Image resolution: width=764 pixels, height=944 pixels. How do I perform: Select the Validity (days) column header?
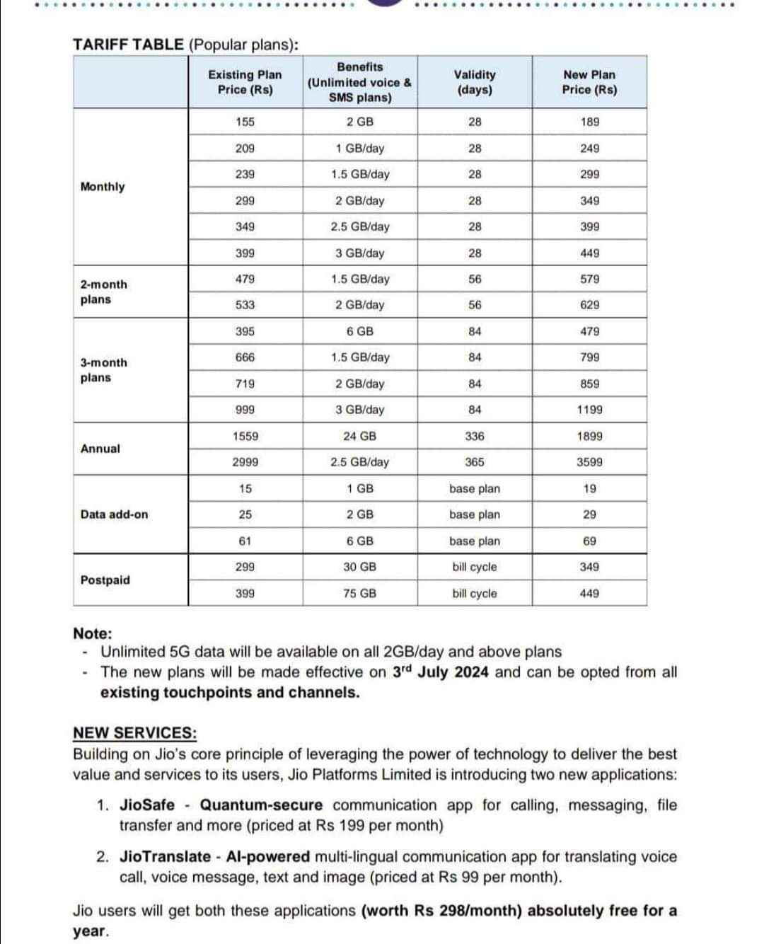pos(475,82)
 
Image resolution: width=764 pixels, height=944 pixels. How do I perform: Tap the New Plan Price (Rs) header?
pos(589,82)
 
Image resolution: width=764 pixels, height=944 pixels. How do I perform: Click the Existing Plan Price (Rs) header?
pos(245,82)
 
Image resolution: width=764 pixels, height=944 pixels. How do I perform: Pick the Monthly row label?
pos(103,187)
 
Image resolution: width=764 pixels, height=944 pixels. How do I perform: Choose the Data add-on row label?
pos(115,514)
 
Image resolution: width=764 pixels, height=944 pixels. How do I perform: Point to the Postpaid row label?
pos(105,580)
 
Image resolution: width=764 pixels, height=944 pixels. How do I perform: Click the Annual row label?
pos(100,449)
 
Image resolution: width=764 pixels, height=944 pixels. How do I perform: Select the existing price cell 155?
pos(245,122)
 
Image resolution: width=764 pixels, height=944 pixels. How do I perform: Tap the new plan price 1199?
pos(589,410)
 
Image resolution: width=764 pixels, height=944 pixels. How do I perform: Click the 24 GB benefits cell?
pos(359,437)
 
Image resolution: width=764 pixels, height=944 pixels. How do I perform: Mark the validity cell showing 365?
pos(475,462)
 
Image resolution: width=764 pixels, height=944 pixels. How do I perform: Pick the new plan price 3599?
pos(589,462)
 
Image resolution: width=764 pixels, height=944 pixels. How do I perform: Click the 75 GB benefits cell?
pos(359,594)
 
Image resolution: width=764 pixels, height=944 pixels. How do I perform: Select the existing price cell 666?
pos(245,357)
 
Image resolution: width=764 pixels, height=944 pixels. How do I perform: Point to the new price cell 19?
pos(589,489)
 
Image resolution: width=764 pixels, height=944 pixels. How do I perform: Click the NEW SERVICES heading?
pos(135,733)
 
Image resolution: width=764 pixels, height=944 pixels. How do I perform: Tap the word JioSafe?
pos(147,805)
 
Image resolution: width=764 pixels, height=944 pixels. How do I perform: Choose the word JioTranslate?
pos(166,857)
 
